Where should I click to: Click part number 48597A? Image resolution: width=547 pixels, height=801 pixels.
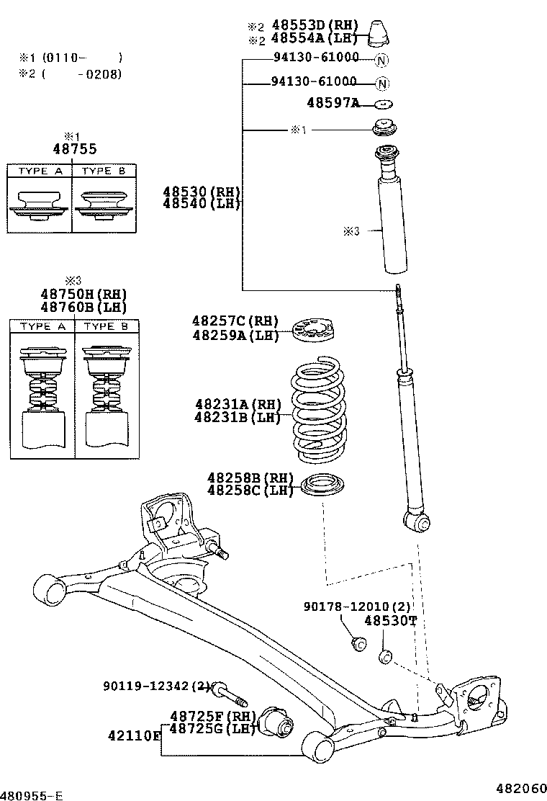(x=333, y=103)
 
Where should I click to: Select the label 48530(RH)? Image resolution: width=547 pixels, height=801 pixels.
(x=201, y=192)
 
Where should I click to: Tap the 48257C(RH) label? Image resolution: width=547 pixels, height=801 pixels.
(x=235, y=321)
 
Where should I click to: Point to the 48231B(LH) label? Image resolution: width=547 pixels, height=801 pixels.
(x=237, y=418)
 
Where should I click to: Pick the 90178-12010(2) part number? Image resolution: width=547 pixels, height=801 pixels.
(x=356, y=608)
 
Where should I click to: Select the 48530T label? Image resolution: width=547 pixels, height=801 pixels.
(x=389, y=621)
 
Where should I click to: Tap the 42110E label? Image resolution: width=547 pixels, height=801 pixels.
(x=134, y=735)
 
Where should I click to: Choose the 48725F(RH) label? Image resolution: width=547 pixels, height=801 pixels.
(x=212, y=716)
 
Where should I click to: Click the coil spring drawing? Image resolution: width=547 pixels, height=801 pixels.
(x=317, y=413)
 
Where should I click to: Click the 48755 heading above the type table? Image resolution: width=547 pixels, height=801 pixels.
(x=74, y=149)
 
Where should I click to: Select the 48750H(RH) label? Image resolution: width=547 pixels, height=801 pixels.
(x=83, y=294)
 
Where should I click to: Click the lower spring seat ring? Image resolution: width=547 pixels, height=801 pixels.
(x=322, y=486)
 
